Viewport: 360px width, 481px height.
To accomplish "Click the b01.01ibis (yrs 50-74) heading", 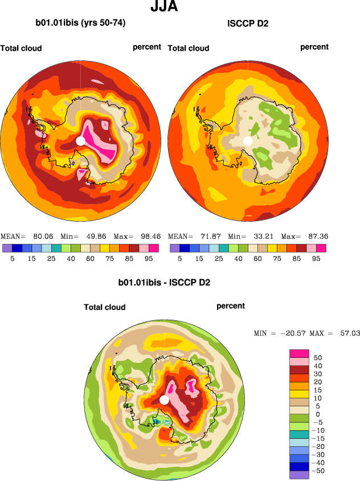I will (x=80, y=23).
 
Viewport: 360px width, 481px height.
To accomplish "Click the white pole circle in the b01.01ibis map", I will (x=80, y=141).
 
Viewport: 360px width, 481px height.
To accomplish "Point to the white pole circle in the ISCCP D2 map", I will (x=247, y=141).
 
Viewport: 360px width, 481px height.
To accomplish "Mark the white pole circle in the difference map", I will (x=164, y=400).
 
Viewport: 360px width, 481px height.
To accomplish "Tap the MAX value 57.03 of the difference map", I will (x=349, y=333).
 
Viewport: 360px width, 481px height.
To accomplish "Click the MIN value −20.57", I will (x=292, y=333).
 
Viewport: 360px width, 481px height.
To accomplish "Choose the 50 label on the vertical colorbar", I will (x=318, y=357).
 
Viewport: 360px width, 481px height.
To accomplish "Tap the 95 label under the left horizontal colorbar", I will (x=149, y=258).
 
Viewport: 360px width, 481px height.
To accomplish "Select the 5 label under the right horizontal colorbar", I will (x=179, y=258).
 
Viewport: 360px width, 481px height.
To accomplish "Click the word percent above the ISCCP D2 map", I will (x=314, y=47).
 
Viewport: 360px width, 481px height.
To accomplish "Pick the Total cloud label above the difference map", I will (x=105, y=307).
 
